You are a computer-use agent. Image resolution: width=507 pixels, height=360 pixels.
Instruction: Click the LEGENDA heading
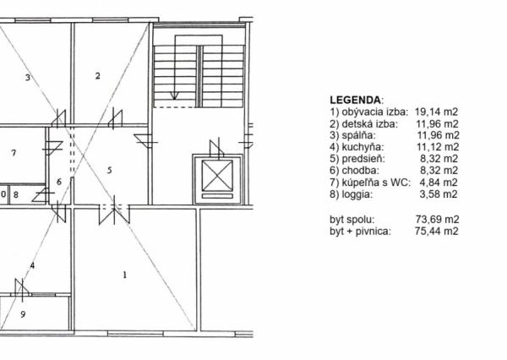[356, 99]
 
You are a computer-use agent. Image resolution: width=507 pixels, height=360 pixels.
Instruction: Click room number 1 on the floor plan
[125, 275]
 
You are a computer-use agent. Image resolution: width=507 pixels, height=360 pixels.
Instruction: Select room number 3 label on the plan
[28, 78]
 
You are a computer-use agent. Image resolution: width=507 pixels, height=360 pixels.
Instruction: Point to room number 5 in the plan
[110, 170]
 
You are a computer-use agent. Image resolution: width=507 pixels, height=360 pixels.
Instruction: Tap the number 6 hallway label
[59, 181]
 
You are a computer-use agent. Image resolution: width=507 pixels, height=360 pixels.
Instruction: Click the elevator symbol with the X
[217, 178]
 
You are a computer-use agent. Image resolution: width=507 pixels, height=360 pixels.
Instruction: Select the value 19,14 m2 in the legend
[437, 112]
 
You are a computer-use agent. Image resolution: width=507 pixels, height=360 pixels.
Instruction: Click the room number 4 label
[32, 265]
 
